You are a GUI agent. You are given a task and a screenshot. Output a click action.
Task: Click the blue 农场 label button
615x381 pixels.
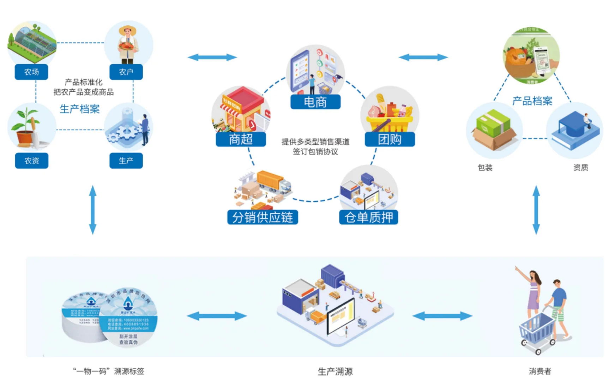tap(31, 72)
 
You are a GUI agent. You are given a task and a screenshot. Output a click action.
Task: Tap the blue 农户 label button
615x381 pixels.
tap(126, 72)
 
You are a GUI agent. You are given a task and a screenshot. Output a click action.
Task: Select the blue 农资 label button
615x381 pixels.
tap(31, 161)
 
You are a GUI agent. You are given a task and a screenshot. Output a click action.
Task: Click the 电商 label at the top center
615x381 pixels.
tap(315, 102)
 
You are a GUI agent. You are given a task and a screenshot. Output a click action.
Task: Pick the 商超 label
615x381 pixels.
tap(241, 139)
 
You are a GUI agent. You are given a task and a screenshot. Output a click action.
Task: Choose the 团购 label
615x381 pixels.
tap(390, 139)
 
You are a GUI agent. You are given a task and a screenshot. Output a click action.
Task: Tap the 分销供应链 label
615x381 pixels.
tap(263, 217)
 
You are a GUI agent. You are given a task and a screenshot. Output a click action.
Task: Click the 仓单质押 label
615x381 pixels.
tap(368, 217)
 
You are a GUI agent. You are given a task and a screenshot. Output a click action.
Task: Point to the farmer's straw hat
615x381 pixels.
tap(127, 30)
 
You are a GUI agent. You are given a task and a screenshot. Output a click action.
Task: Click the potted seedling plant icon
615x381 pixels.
tap(25, 127)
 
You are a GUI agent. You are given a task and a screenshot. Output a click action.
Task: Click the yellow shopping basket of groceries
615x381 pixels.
tap(390, 120)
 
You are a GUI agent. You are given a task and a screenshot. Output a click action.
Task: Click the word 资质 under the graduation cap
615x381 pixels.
tap(580, 168)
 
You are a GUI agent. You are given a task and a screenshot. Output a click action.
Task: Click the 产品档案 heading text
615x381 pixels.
tap(532, 101)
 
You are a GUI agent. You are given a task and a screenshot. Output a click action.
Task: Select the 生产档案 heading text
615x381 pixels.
tap(80, 109)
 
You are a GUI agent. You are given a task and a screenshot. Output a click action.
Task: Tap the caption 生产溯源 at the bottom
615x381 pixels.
tap(335, 371)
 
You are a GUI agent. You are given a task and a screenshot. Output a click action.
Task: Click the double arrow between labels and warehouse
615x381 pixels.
tap(217, 316)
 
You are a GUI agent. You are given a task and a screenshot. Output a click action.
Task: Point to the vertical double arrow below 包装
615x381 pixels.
tap(536, 210)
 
